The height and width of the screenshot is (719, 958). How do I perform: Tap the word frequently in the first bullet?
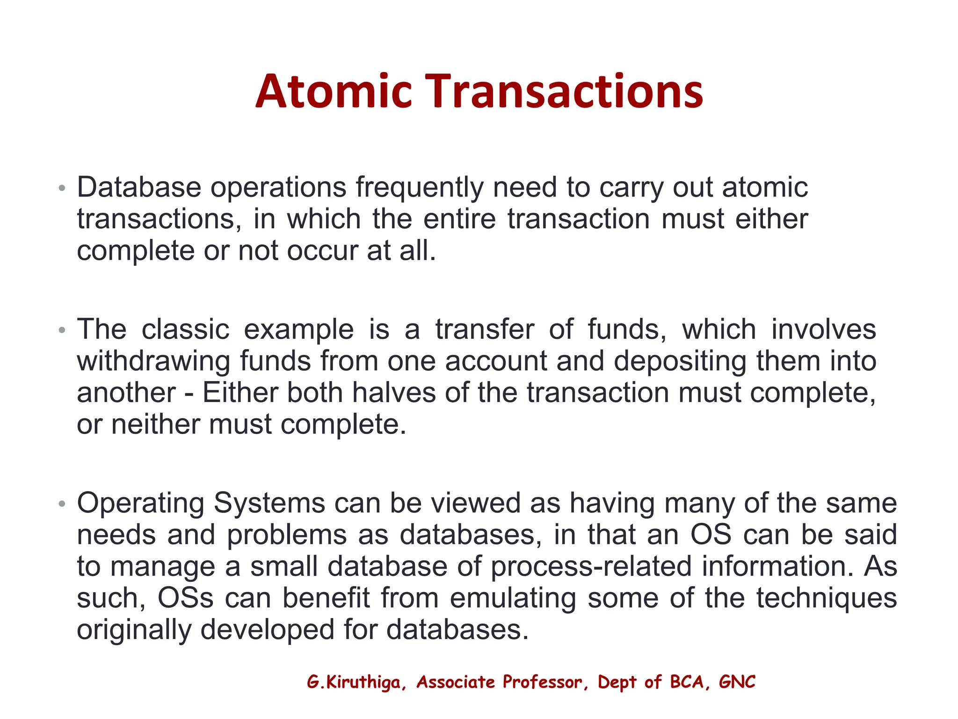pos(419,188)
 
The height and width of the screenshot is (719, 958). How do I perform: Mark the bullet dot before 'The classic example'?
pos(62,330)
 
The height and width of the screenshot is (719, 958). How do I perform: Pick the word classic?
pos(185,330)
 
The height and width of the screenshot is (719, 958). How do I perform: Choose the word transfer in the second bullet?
pos(485,330)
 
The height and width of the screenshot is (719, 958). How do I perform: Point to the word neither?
pos(155,425)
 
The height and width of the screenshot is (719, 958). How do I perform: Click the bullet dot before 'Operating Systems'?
pos(62,504)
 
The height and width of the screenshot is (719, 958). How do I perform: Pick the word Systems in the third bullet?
pos(269,504)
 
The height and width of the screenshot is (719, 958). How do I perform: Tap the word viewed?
pos(475,504)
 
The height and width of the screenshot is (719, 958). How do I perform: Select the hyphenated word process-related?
pos(591,567)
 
